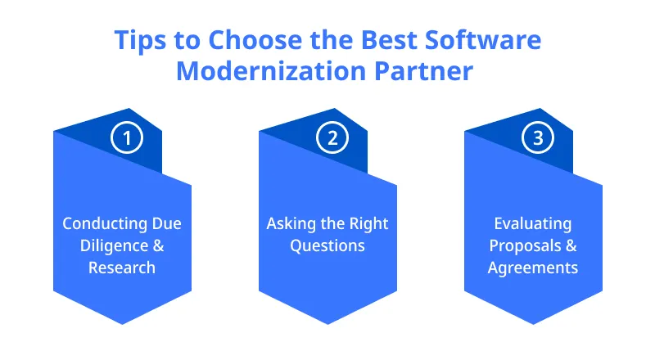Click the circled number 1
[x=127, y=137]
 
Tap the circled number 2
[x=332, y=137]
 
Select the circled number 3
[x=538, y=137]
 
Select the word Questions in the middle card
[x=327, y=245]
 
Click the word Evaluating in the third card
[x=533, y=223]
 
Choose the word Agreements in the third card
[x=533, y=268]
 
